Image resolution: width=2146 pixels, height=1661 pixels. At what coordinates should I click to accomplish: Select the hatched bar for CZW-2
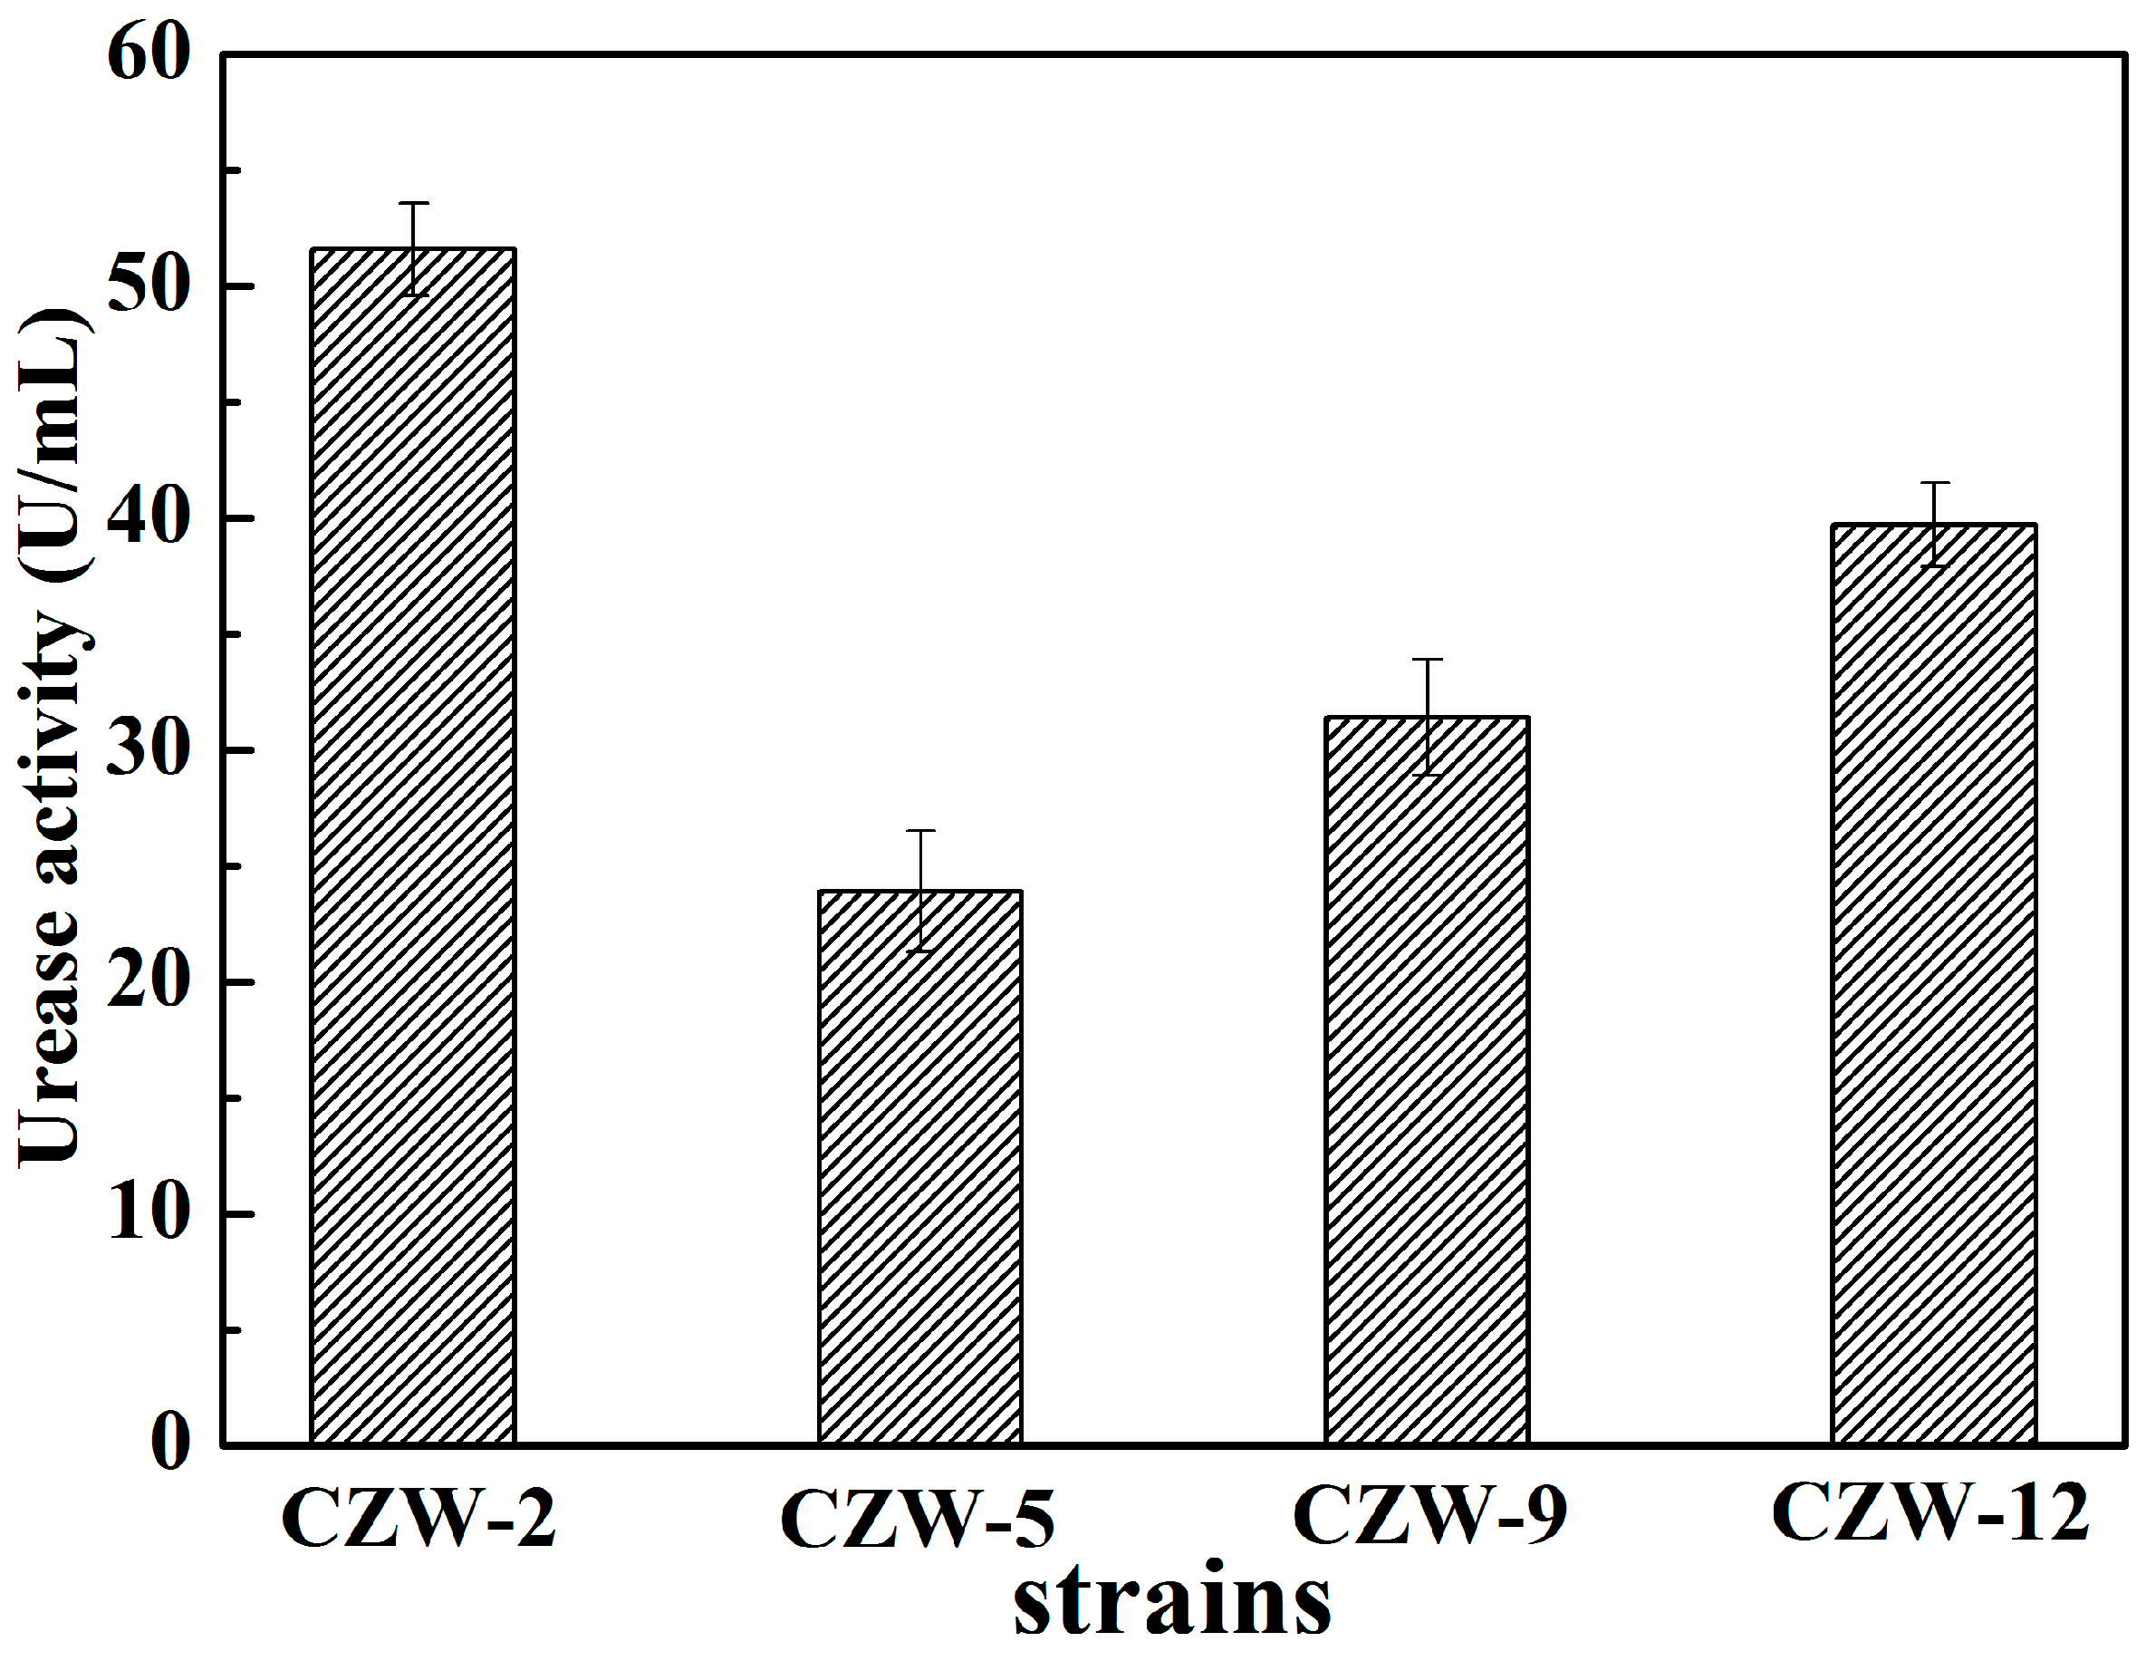(413, 845)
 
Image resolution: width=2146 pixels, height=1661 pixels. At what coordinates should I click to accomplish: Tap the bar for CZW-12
(1934, 983)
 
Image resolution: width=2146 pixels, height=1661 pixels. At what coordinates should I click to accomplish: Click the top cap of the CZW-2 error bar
(414, 204)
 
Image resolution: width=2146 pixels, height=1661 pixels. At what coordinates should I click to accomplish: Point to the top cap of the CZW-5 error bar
(920, 832)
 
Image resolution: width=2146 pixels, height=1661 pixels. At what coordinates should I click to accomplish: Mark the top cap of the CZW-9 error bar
(1428, 660)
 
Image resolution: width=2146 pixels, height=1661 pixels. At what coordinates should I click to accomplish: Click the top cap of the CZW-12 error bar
(1935, 483)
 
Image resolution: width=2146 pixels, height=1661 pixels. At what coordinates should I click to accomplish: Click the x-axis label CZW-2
(419, 1520)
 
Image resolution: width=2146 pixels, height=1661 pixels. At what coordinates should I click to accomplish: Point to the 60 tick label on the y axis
(149, 54)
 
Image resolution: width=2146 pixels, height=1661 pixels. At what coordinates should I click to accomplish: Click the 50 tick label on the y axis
(149, 286)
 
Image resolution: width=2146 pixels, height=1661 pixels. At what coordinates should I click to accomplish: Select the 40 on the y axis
(149, 518)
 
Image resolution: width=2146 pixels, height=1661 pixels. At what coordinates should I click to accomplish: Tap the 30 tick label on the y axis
(149, 750)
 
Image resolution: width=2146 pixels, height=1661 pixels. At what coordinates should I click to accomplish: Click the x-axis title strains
(1171, 1602)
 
